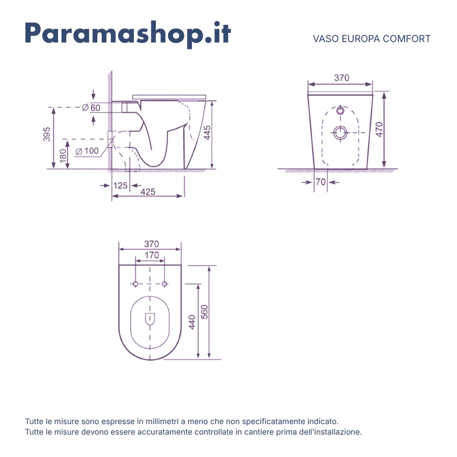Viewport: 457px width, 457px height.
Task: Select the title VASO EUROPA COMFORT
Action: click(372, 39)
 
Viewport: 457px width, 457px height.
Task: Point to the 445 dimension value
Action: click(207, 133)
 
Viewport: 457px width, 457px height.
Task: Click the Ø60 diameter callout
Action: click(91, 108)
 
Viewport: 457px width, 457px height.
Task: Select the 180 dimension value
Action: click(63, 154)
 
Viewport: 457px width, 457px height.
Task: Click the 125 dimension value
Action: click(120, 186)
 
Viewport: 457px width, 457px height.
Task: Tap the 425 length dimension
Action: click(148, 192)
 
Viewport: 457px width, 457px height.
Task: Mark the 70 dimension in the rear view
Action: click(320, 182)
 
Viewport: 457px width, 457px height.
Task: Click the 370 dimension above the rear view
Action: click(341, 78)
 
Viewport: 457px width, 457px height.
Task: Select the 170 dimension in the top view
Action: click(151, 255)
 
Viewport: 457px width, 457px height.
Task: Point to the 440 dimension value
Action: click(192, 322)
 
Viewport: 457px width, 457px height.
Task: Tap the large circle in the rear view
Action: click(340, 133)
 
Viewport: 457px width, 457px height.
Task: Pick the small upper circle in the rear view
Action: click(340, 111)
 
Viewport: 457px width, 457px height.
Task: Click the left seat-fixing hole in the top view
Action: click(135, 284)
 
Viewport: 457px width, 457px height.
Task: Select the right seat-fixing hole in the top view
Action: click(165, 284)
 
